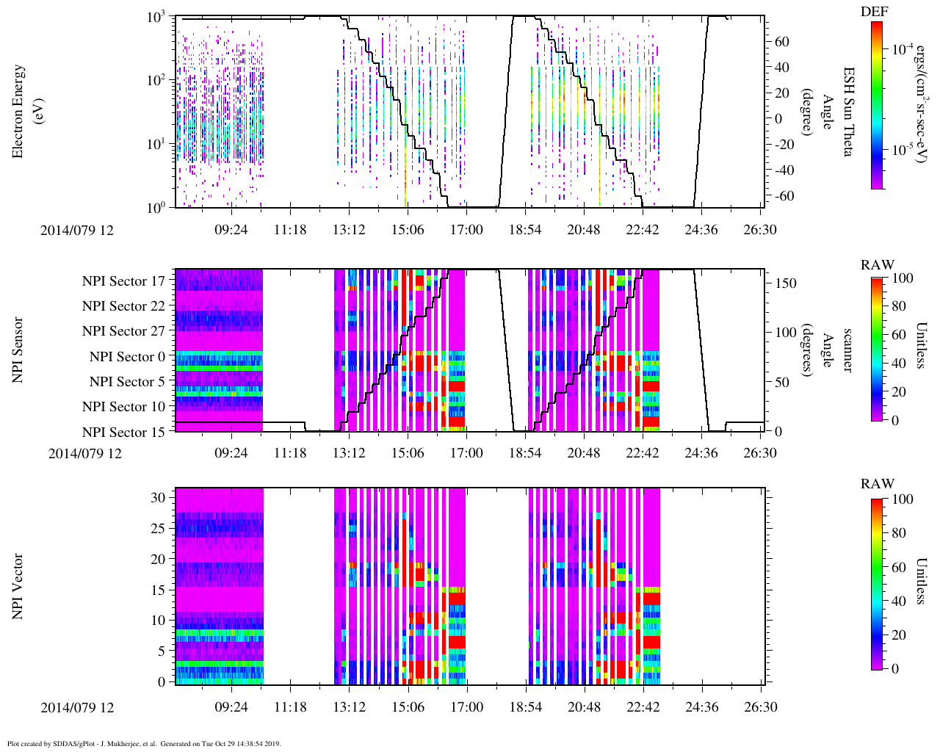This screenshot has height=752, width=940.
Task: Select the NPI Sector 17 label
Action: pyautogui.click(x=123, y=281)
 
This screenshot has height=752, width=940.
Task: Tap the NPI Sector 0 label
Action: pyautogui.click(x=127, y=357)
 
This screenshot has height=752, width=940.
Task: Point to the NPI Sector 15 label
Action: pyautogui.click(x=123, y=433)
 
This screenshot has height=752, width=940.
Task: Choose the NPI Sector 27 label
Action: pyautogui.click(x=123, y=331)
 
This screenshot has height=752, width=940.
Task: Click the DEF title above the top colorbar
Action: pyautogui.click(x=874, y=12)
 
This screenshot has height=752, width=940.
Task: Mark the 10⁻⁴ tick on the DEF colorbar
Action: pyautogui.click(x=900, y=50)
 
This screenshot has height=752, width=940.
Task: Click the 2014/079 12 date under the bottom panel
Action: pyautogui.click(x=77, y=708)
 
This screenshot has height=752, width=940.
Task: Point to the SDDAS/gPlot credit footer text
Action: pyautogui.click(x=144, y=744)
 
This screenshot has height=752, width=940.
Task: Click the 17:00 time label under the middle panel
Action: pyautogui.click(x=466, y=453)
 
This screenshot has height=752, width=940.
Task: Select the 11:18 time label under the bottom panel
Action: pyautogui.click(x=290, y=708)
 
